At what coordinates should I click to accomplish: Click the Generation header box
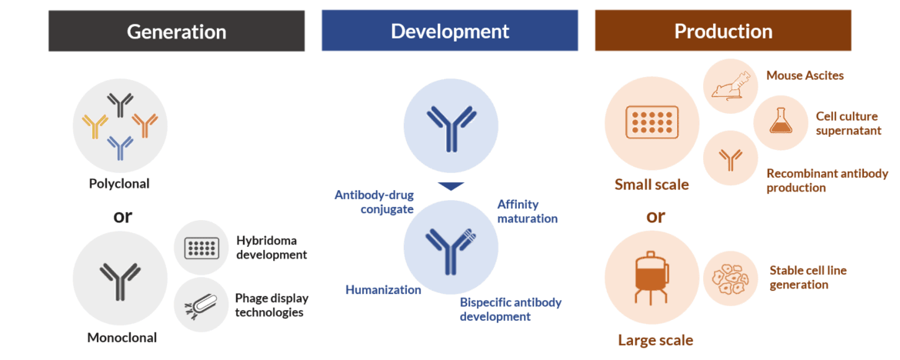(176, 31)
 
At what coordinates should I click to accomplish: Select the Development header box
(449, 31)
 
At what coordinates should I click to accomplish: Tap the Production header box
(722, 31)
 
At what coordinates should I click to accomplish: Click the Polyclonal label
(119, 184)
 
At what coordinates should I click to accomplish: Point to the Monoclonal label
(122, 337)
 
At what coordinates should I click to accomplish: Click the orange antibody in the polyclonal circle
(145, 123)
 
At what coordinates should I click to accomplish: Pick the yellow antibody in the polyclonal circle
(95, 125)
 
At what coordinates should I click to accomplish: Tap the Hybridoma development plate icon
(202, 248)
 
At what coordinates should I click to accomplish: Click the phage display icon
(201, 307)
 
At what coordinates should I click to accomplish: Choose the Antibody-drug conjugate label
(374, 202)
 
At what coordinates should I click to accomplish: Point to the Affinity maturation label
(527, 212)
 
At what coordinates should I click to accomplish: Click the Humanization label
(383, 290)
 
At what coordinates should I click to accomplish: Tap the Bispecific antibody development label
(510, 309)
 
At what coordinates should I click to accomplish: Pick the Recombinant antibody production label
(827, 180)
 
